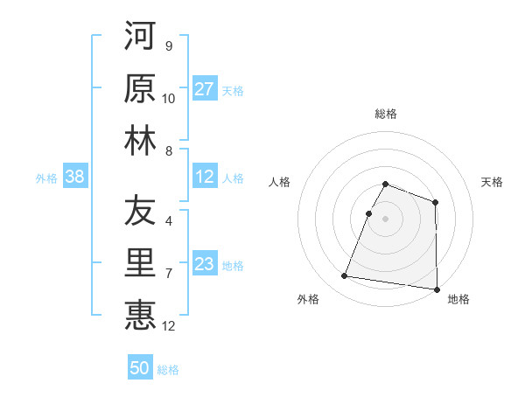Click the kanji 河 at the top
[140, 37]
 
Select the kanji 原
[140, 87]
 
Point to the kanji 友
[140, 212]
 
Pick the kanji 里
[140, 262]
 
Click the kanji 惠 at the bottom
[140, 315]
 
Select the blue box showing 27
[205, 89]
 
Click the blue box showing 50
[140, 368]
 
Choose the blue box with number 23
[205, 265]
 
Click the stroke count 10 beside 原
[169, 99]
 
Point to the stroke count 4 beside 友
[168, 220]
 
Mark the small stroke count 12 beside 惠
[169, 326]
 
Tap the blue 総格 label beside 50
[169, 370]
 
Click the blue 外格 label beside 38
[46, 178]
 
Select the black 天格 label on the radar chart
[493, 182]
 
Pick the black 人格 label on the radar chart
[279, 182]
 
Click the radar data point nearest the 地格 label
[437, 289]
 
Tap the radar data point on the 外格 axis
[345, 276]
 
